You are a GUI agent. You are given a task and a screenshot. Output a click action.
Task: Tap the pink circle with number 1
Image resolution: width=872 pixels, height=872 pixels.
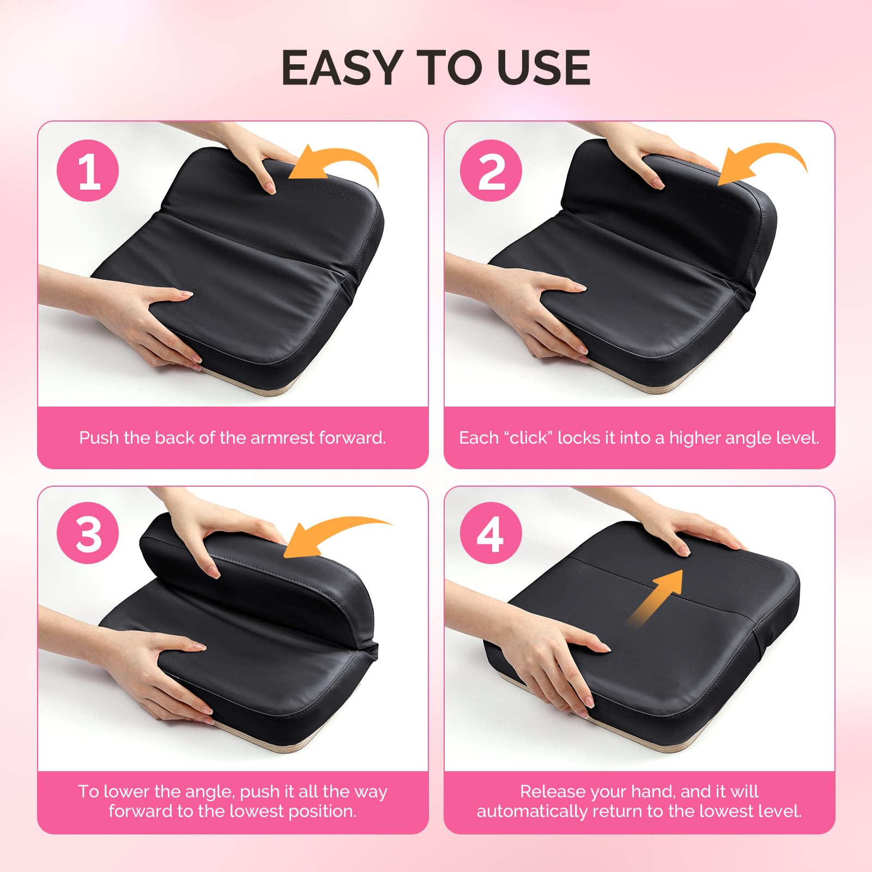pos(88,171)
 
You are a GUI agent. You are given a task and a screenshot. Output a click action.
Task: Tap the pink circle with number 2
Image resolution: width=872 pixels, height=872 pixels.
pos(491,171)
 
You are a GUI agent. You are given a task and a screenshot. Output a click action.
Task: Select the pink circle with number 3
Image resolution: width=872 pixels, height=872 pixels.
pos(88,534)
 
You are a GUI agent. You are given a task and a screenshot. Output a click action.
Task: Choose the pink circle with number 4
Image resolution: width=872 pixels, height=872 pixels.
pos(491,534)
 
